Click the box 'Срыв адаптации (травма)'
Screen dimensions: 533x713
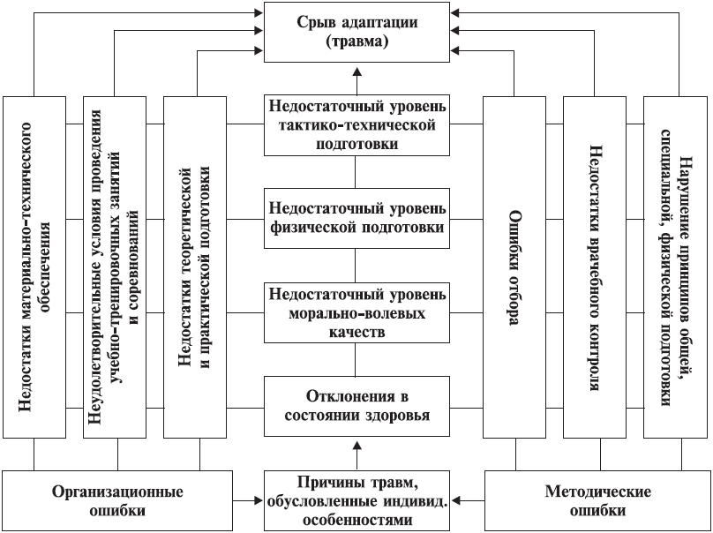click(357, 32)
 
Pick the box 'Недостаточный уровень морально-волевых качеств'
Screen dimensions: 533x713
click(357, 312)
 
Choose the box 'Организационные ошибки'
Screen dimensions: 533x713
click(117, 500)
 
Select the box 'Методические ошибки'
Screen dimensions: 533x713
click(597, 500)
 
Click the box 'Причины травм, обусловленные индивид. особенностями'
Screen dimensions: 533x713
click(357, 500)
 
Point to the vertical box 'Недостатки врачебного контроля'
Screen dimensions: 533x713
click(597, 266)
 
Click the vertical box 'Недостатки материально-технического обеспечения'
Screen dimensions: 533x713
click(34, 266)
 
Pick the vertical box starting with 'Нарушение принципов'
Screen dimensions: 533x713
click(676, 266)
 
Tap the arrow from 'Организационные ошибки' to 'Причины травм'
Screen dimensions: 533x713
click(249, 500)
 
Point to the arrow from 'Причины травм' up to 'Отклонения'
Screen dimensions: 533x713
click(357, 454)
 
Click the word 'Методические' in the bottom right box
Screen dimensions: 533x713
click(597, 492)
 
